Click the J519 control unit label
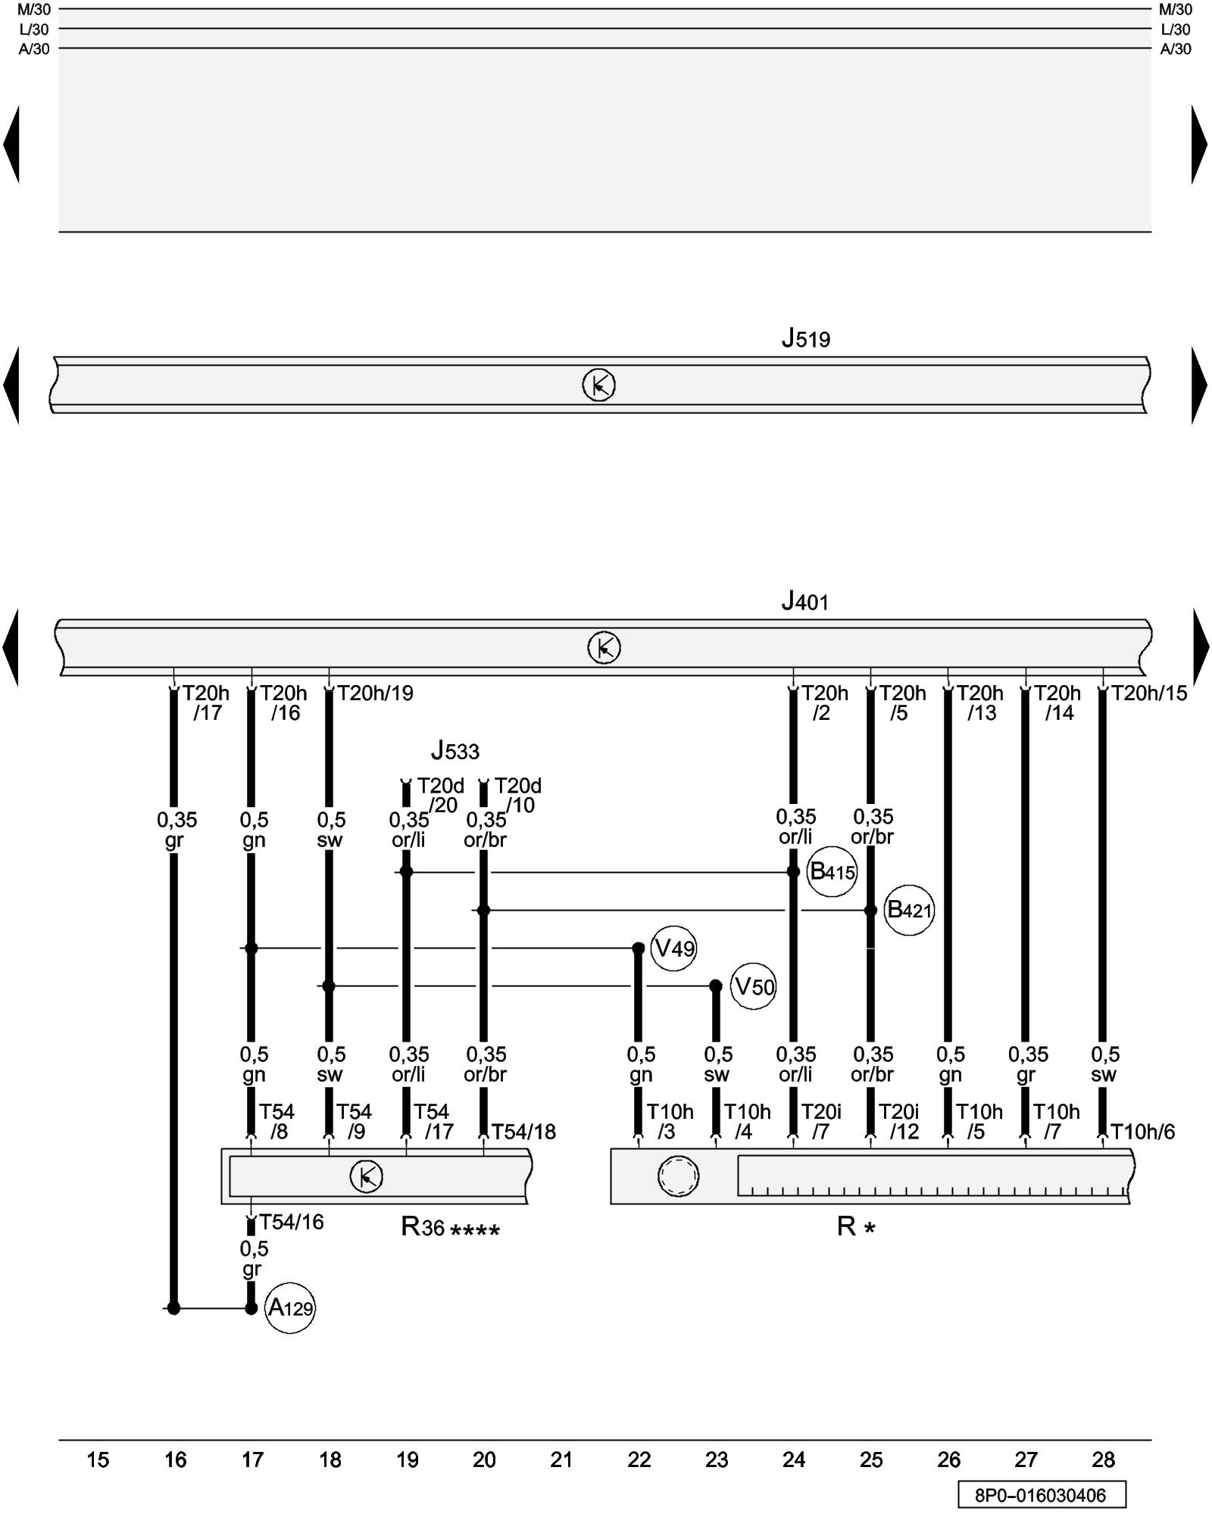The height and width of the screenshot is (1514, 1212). pos(805,338)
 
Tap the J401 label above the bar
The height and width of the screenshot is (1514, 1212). pos(804,602)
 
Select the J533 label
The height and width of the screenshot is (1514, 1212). pos(454,751)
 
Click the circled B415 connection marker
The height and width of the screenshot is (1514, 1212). pos(832,871)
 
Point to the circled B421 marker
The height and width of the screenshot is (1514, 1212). pos(908,909)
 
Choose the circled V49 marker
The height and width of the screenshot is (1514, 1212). pos(673,948)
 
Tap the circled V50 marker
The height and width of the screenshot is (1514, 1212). pos(754,986)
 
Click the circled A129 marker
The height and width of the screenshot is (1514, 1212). pos(289,1307)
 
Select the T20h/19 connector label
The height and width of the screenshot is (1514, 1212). pos(375,693)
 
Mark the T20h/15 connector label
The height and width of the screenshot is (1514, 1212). pos(1149,693)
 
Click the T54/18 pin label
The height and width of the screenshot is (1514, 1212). pos(523,1132)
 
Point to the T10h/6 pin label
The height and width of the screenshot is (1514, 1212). pos(1143,1132)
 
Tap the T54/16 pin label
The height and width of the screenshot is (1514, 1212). pos(292,1223)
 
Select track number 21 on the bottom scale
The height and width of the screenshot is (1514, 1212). pos(561,1459)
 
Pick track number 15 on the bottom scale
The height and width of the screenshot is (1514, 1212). pos(98,1459)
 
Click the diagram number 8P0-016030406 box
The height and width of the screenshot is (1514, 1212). pos(1041,1495)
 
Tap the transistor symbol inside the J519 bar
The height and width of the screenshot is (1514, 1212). pos(598,385)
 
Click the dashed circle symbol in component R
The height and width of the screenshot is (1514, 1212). pos(678,1176)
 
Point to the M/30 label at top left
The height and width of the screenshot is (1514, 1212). pos(33,10)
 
